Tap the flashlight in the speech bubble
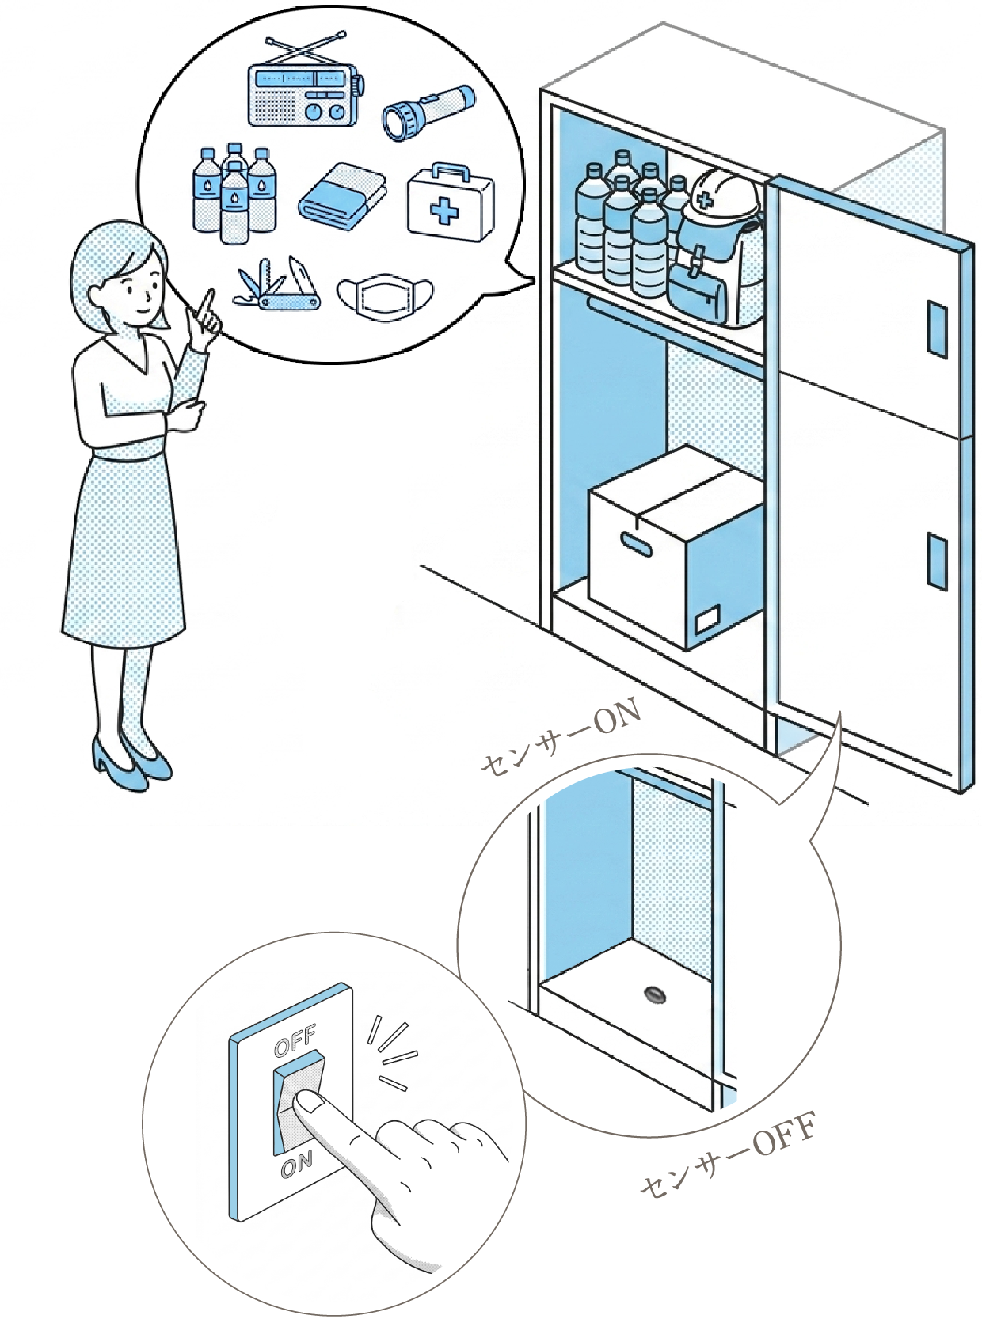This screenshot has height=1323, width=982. (429, 112)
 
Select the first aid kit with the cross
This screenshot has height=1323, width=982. (451, 202)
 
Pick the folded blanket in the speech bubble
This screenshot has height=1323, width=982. (342, 196)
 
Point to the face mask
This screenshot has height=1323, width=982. (385, 292)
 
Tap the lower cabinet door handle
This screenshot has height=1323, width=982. (937, 561)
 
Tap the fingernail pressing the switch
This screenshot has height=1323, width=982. (309, 1101)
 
